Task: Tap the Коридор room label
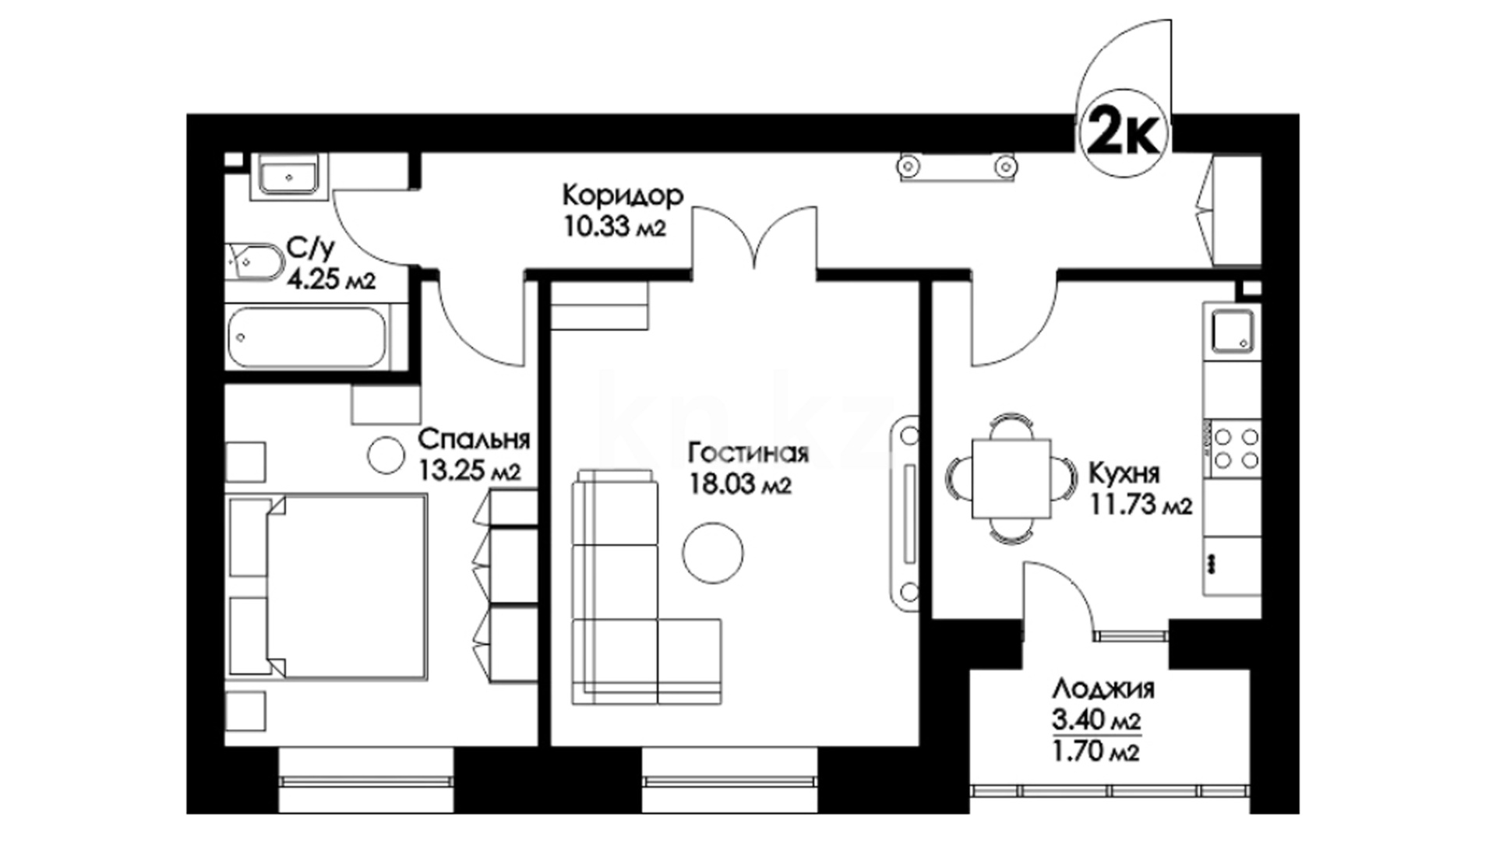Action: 623,195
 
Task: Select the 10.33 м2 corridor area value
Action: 614,227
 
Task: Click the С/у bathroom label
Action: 310,248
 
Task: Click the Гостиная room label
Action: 749,453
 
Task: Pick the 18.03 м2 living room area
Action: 740,484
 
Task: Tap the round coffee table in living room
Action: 713,552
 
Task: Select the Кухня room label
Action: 1124,473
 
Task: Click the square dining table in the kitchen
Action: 1011,478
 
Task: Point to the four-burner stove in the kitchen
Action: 1236,449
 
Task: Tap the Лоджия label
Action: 1103,690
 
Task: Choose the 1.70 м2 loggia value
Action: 1096,753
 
